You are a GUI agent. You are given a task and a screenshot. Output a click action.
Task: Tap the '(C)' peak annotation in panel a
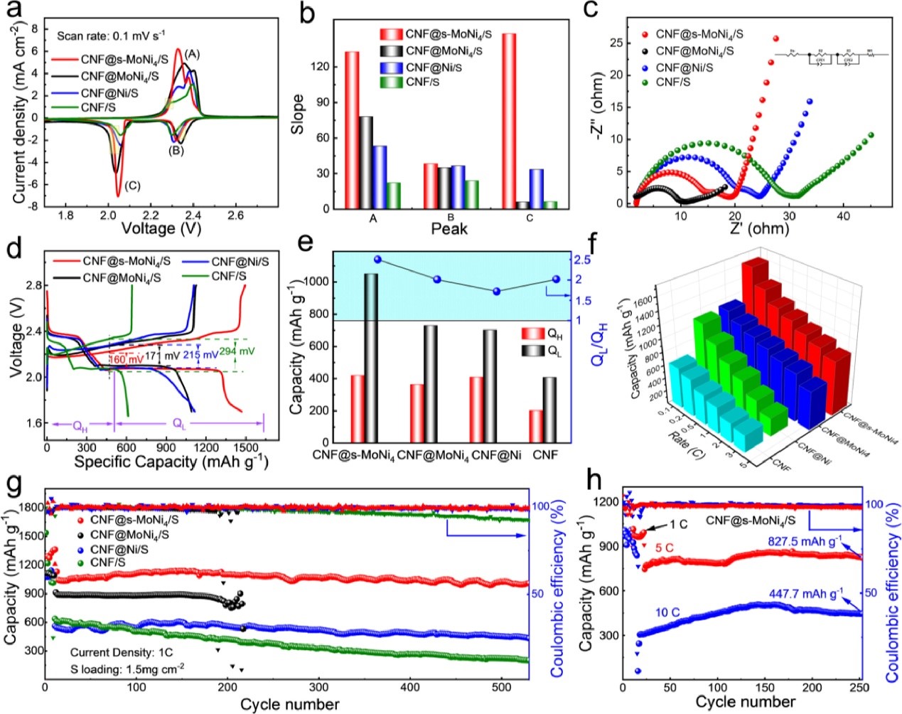pos(132,186)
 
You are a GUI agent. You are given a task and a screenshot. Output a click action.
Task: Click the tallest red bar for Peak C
pos(509,121)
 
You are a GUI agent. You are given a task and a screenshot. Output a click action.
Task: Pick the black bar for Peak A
pos(366,162)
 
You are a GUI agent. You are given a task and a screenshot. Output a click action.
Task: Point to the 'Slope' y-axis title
pos(299,114)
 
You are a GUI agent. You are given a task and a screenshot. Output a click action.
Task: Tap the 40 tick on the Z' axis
pos(843,216)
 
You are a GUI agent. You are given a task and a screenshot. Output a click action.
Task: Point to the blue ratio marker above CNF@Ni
pos(497,291)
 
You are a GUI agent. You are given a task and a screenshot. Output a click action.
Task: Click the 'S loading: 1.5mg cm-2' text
pos(127,667)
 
